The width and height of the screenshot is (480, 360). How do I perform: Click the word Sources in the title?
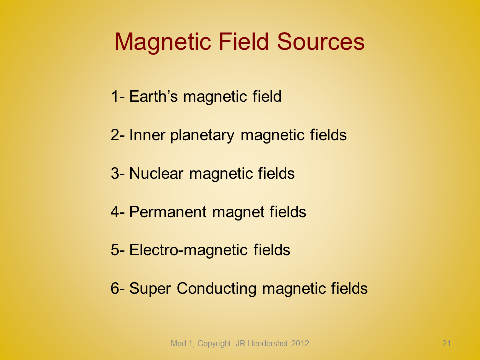321,41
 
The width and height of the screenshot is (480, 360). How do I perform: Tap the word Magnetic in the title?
163,42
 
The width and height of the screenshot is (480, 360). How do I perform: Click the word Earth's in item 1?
153,96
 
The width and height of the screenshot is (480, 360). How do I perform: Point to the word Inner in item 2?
147,135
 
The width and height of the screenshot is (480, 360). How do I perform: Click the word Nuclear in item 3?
156,173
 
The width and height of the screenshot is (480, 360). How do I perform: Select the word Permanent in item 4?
168,212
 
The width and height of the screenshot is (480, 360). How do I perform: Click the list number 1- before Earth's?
118,96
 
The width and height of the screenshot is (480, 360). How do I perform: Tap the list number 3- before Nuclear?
118,173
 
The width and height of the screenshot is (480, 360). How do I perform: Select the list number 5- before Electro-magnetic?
118,250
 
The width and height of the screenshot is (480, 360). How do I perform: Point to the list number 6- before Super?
118,288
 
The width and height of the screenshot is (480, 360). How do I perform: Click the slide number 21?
446,343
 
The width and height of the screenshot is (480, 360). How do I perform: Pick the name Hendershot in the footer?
267,344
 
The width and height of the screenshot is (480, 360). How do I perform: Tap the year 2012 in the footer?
300,344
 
